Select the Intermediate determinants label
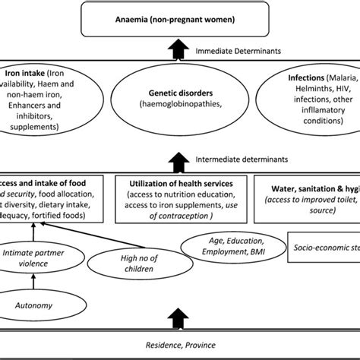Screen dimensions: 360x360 [x=242, y=160]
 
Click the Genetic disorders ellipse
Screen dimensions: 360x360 [x=180, y=106]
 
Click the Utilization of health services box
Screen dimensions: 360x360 [x=180, y=199]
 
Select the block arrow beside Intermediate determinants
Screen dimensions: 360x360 [x=180, y=160]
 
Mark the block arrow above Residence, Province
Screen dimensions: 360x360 [x=180, y=315]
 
